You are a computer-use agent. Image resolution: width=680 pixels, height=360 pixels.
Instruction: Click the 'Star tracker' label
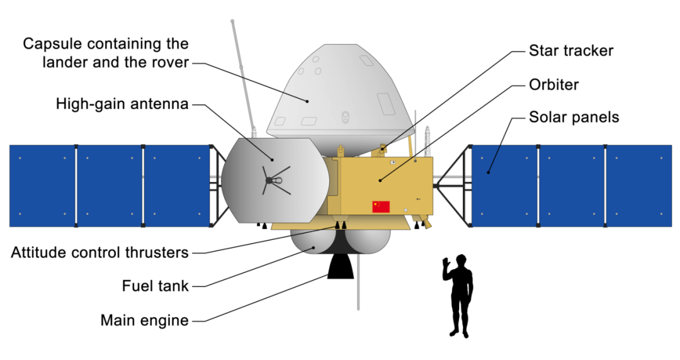(570, 50)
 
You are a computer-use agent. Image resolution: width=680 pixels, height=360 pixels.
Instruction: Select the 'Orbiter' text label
(553, 84)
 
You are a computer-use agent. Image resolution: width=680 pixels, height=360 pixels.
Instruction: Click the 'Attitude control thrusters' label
(100, 252)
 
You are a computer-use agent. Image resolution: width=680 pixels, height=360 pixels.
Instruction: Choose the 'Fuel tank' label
(155, 286)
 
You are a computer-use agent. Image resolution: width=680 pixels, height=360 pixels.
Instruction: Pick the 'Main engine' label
(144, 320)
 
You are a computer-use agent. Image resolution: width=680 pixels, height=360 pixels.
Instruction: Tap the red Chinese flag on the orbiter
(381, 206)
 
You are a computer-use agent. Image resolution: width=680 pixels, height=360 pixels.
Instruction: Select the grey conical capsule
(340, 94)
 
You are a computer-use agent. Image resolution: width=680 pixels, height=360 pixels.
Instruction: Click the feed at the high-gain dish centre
(270, 181)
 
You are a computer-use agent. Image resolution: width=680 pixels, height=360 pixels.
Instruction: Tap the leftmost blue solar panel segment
(42, 186)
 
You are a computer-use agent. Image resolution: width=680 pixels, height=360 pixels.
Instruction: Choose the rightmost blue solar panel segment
(638, 186)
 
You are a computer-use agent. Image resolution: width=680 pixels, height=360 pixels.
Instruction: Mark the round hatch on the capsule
(344, 116)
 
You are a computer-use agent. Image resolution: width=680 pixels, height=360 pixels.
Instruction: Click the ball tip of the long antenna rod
(233, 23)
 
